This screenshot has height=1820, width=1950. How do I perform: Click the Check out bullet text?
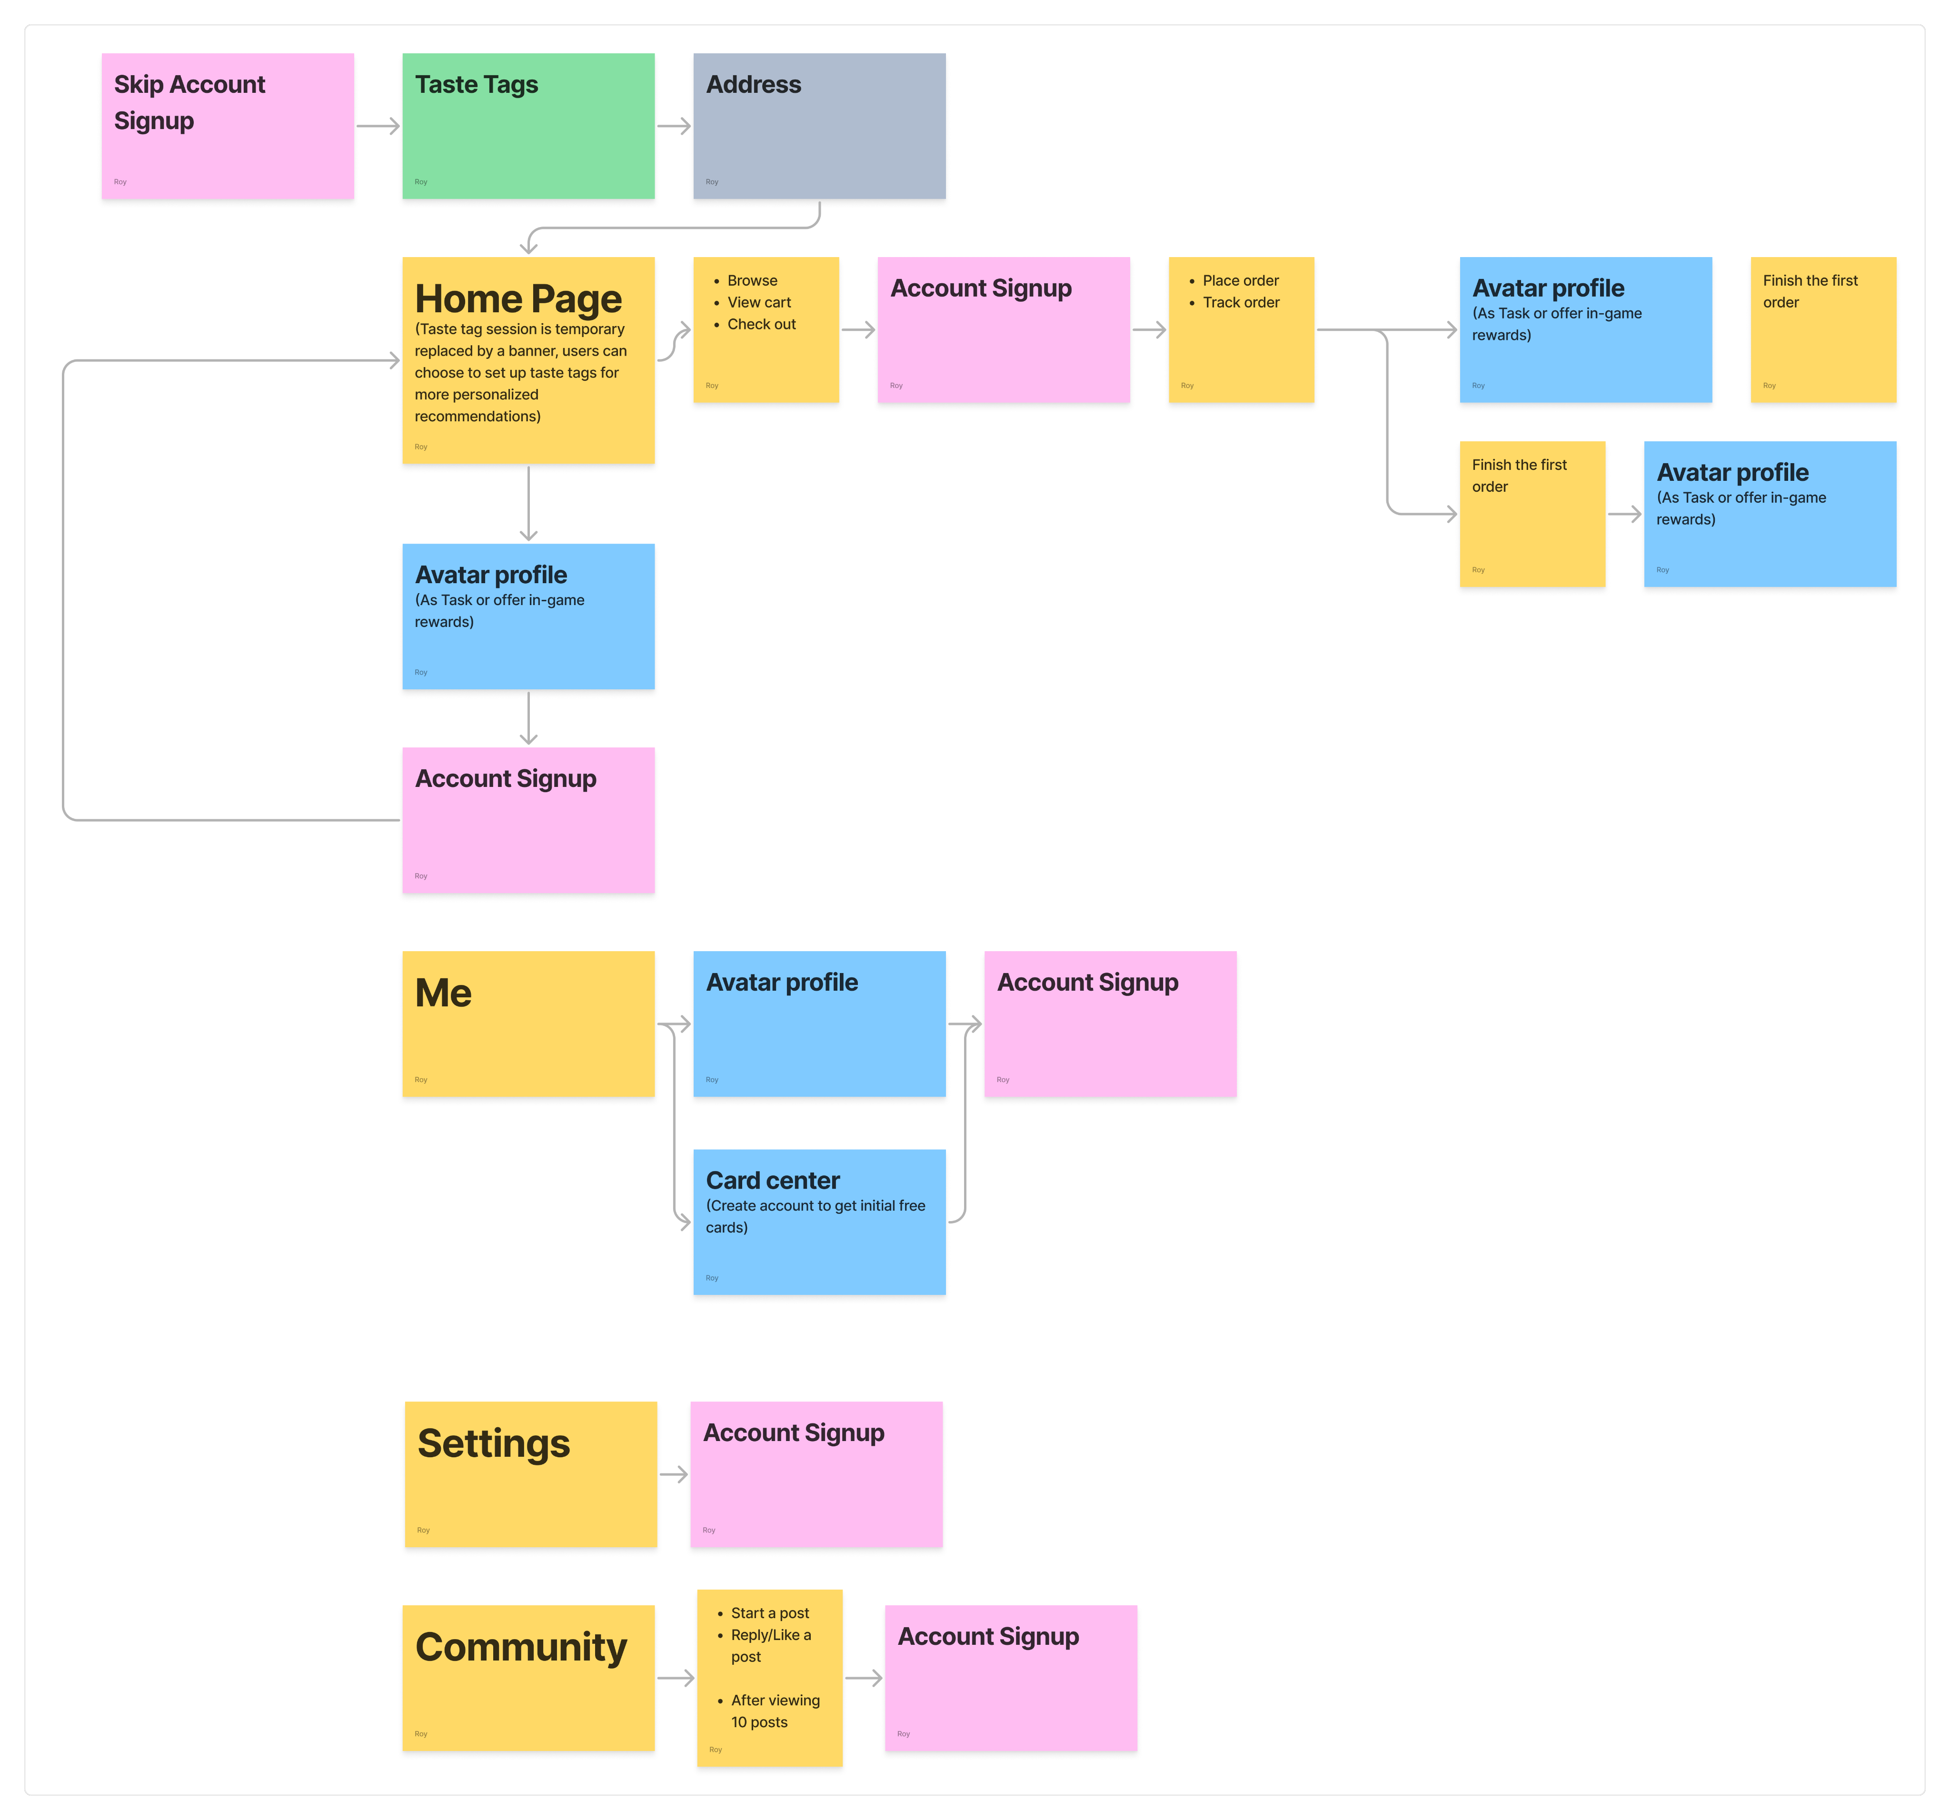click(x=761, y=324)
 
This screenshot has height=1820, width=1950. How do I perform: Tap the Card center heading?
click(x=773, y=1180)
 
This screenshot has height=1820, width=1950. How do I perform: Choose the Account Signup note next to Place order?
click(x=1004, y=329)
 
